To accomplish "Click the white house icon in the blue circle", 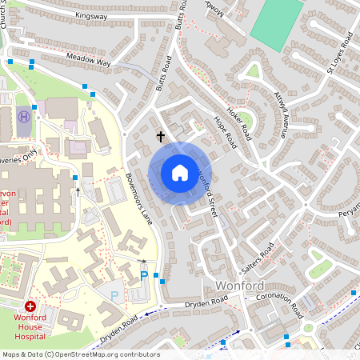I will (180, 173).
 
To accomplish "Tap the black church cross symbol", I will (160, 137).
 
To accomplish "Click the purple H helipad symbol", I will (24, 116).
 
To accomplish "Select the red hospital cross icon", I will (31, 306).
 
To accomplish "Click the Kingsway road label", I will (90, 15).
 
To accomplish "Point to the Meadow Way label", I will (88, 60).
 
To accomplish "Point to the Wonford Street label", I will (209, 191).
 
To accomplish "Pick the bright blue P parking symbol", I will (144, 276).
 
